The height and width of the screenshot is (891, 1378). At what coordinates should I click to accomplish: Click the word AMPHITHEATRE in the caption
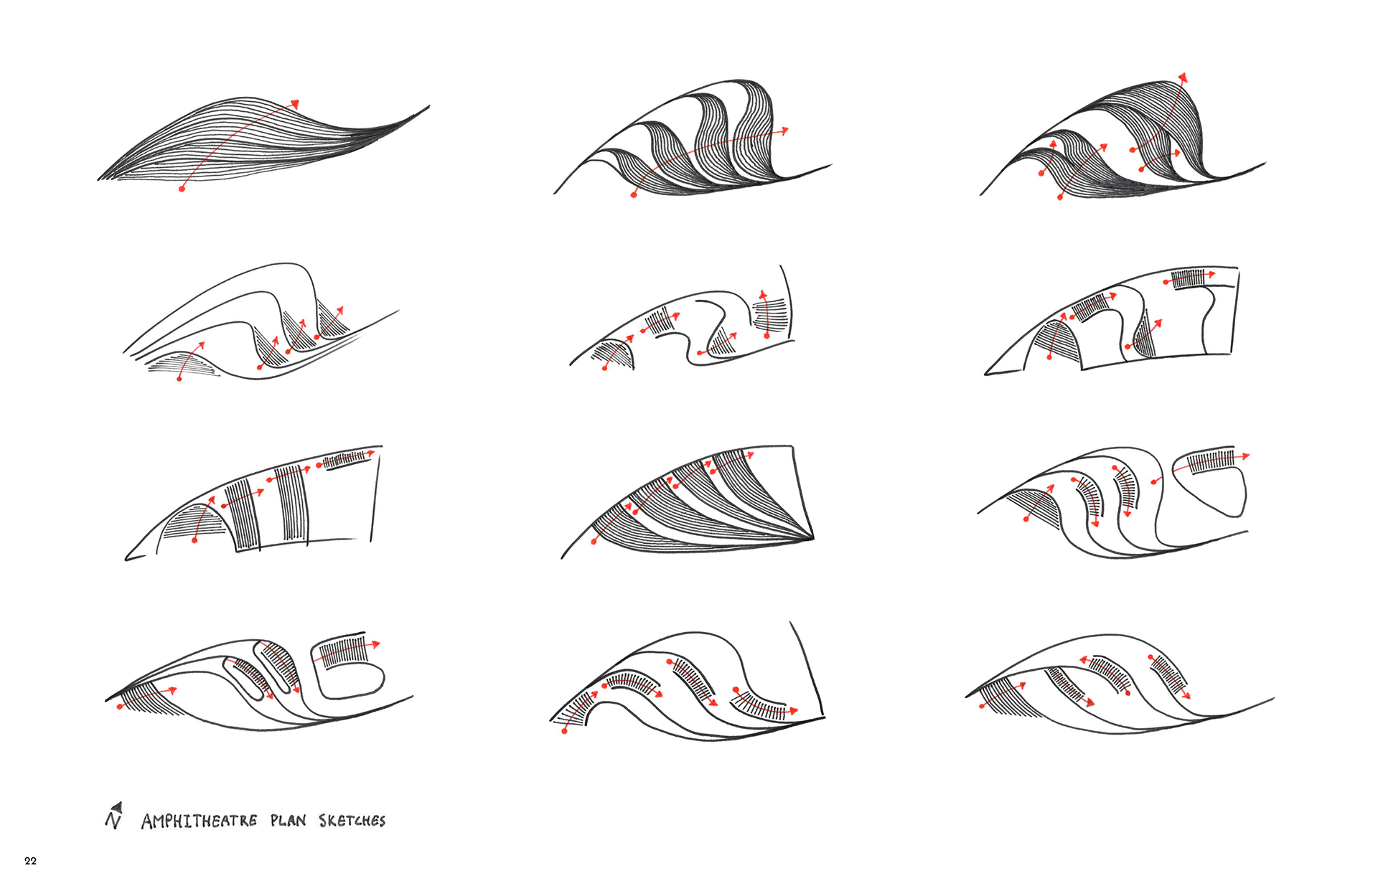point(199,821)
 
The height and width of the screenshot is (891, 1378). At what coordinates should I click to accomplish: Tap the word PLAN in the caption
point(289,820)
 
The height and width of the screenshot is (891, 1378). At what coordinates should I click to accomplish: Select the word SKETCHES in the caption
point(352,820)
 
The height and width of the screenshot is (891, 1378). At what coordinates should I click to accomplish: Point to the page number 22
point(30,861)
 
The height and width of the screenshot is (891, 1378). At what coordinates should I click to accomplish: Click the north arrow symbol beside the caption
point(114,816)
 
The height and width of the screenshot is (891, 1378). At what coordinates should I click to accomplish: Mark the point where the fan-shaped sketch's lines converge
point(812,537)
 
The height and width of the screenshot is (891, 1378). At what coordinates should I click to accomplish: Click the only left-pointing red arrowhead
point(1084,660)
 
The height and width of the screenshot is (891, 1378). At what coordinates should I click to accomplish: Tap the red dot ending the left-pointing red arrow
point(1128,693)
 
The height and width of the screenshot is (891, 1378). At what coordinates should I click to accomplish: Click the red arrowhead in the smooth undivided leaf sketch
point(294,104)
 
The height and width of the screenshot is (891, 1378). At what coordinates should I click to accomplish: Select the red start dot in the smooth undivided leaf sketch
point(182,189)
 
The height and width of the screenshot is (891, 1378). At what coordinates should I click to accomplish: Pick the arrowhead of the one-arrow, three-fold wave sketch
point(784,131)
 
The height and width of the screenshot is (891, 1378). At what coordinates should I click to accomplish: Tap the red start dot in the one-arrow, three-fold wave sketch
point(634,194)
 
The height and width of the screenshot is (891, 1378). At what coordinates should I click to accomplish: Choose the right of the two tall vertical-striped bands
point(293,502)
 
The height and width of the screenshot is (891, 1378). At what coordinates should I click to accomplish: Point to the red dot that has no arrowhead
point(1153,481)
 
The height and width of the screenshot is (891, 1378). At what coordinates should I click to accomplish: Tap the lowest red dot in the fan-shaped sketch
point(594,542)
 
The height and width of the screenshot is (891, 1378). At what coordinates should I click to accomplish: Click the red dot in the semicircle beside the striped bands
point(194,540)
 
